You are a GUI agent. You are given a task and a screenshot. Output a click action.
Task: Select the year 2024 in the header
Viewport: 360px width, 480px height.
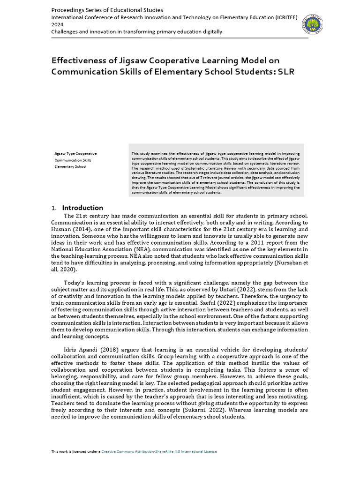coord(57,24)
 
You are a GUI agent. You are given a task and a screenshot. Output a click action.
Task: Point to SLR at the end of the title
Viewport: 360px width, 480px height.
coord(286,71)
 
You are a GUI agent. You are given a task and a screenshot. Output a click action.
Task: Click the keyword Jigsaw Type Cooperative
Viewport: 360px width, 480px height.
coord(75,154)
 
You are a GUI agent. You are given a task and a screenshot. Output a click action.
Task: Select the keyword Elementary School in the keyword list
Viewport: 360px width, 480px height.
coord(70,166)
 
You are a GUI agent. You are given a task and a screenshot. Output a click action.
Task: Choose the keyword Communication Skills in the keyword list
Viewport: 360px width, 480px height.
coord(73,160)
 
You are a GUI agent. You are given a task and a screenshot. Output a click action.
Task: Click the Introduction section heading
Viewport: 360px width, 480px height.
coord(82,208)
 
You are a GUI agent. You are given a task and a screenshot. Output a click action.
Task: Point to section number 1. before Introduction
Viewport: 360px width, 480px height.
coord(53,208)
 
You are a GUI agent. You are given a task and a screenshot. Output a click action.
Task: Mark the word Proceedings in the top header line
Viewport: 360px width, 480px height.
coord(70,10)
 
